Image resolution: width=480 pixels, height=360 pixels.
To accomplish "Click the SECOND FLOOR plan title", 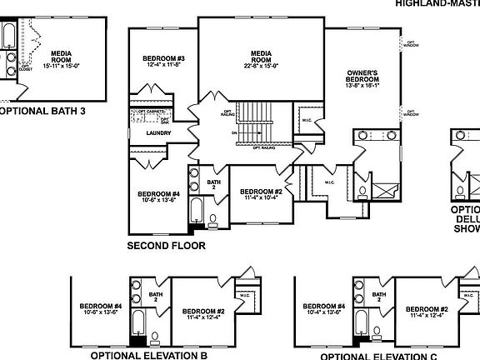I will click(166, 246).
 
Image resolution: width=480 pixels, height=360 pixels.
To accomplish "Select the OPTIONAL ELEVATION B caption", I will click(148, 354).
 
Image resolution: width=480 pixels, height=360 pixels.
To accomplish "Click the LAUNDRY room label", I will click(158, 132).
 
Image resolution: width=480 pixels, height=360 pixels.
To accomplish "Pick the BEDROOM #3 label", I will click(163, 58).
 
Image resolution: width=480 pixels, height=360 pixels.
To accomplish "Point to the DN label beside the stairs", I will click(236, 132).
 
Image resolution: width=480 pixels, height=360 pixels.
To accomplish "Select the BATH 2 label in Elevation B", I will click(155, 297).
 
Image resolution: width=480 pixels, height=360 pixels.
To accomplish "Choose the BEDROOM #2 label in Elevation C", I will click(427, 310).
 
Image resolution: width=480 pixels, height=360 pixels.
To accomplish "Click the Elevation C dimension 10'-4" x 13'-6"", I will click(324, 312).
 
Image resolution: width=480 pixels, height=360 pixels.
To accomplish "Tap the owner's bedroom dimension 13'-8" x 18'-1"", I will click(363, 85).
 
